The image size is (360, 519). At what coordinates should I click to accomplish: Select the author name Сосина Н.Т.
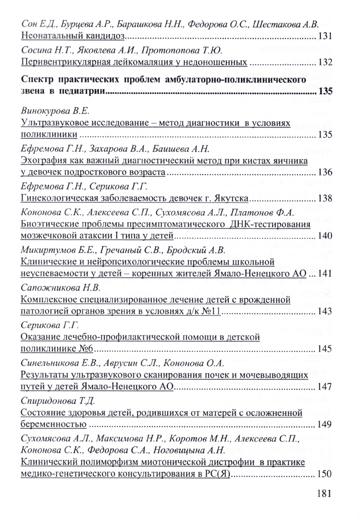coord(45,50)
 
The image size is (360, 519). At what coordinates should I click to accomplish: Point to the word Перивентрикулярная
coord(65,62)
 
